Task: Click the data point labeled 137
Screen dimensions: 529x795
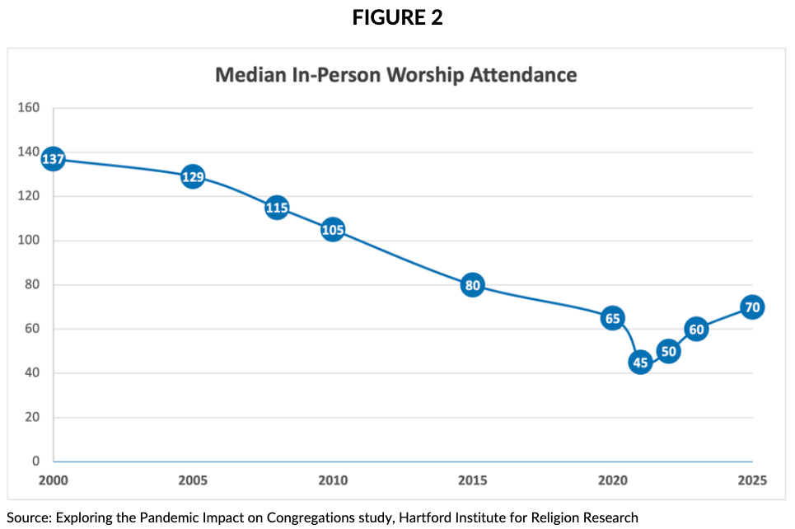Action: coord(53,159)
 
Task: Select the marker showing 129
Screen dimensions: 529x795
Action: coord(192,176)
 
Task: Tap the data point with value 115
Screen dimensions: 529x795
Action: coord(277,208)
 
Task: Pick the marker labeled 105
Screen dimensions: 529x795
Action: coord(332,230)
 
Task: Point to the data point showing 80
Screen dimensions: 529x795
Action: coord(472,286)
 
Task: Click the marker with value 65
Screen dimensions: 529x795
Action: coord(612,318)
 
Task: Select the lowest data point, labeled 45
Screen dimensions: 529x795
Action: coord(640,362)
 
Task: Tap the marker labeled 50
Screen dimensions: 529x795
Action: coord(668,351)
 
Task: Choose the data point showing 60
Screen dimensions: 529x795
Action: coord(696,330)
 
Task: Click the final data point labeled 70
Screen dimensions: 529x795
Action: coord(751,307)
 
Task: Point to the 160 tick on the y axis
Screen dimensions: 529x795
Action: coord(29,108)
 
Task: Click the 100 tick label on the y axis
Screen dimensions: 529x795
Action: coord(29,241)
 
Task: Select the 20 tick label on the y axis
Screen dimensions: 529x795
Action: coord(32,418)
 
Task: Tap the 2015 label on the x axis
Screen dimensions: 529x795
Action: coord(472,480)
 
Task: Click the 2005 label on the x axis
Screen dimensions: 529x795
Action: coord(192,480)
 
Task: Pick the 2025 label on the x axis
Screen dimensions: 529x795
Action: coord(751,480)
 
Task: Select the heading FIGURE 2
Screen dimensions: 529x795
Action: coord(397,17)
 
